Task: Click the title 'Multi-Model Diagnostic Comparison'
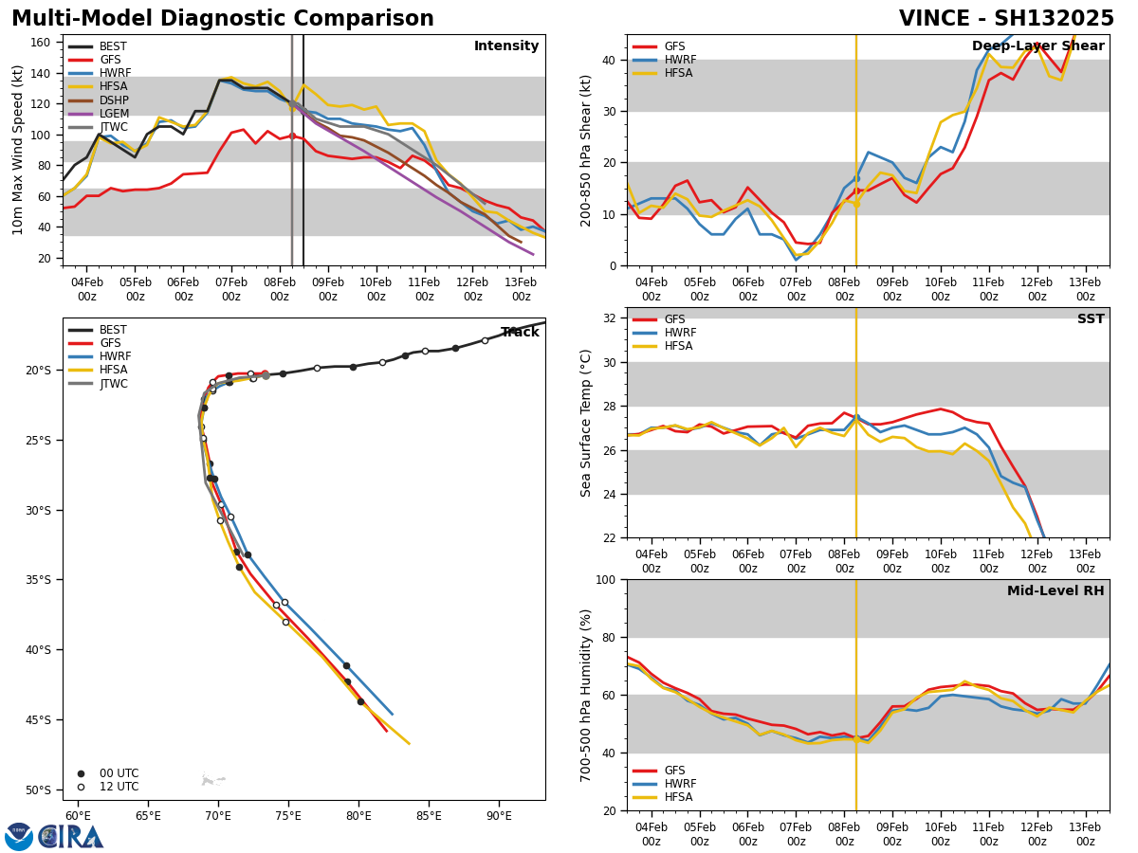223,19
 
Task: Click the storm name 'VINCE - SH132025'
1006,19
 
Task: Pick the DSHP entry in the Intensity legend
114,100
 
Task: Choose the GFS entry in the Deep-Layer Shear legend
674,46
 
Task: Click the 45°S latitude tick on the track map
40,719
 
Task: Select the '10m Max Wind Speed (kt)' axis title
18,150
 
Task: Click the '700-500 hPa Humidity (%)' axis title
587,695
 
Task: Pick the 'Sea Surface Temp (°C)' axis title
587,423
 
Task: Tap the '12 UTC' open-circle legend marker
81,787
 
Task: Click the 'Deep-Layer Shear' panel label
1037,46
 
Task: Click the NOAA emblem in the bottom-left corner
19,837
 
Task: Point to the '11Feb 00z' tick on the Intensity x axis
424,289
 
